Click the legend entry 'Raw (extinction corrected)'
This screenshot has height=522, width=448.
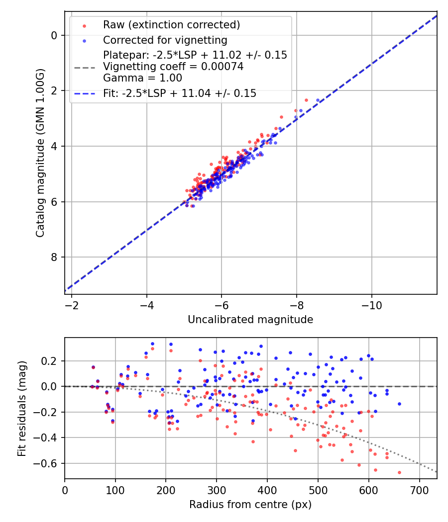(171, 25)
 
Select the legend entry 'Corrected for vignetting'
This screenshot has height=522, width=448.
(165, 40)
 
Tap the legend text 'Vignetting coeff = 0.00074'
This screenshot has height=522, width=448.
(173, 67)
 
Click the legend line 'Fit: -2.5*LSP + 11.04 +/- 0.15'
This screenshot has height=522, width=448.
(179, 93)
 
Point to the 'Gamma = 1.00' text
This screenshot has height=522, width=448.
(142, 78)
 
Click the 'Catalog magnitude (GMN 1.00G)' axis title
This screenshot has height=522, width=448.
(40, 153)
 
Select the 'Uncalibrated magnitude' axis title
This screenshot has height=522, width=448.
(250, 320)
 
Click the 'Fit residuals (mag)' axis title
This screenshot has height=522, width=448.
(21, 408)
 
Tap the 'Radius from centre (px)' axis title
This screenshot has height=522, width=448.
(250, 505)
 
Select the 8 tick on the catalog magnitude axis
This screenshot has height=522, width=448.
(55, 257)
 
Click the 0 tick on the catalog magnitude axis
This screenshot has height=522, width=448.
(55, 35)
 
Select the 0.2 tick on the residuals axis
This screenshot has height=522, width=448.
(51, 360)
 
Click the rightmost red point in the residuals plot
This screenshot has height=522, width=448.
(399, 472)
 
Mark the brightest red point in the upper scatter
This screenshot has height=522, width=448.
(306, 100)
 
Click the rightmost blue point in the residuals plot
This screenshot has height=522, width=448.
(399, 404)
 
